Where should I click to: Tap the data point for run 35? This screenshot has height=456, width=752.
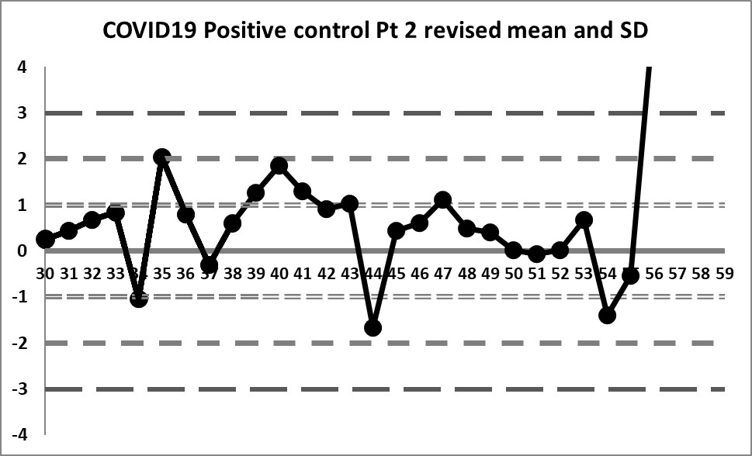(162, 157)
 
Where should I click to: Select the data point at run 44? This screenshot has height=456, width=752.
(373, 328)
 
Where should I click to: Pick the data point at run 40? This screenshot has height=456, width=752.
(279, 166)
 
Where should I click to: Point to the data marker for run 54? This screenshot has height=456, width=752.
(607, 316)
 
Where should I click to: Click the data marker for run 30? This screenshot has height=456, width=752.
(45, 240)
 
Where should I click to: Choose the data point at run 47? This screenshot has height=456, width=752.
(443, 200)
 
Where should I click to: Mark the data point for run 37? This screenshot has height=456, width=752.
(209, 265)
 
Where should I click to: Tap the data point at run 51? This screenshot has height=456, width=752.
(536, 254)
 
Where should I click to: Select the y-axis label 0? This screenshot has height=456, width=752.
(23, 251)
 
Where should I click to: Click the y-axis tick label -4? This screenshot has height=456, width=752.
(19, 435)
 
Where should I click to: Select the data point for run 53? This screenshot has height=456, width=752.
(584, 220)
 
